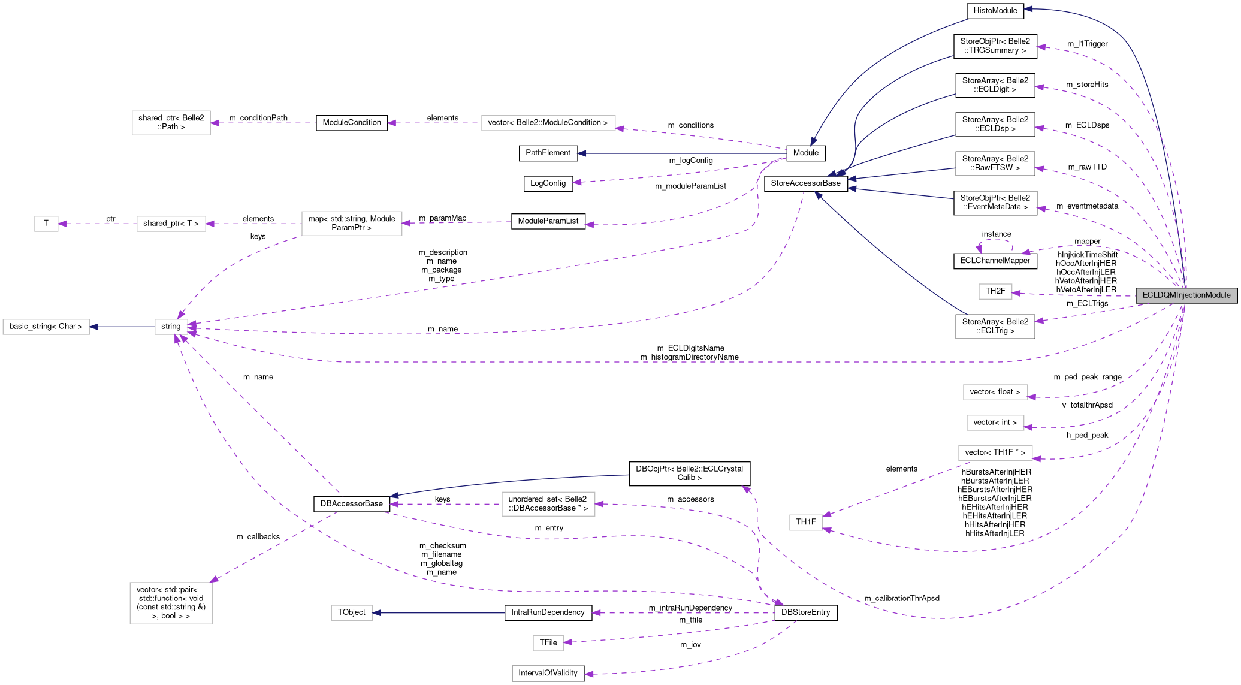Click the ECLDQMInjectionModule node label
1186,295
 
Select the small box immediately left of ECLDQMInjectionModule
995,292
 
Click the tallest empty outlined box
171,603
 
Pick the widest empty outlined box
548,123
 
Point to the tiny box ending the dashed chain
46,224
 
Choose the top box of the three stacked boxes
995,392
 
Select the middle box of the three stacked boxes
995,423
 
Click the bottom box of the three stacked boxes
995,453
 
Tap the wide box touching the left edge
46,327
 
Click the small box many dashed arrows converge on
171,327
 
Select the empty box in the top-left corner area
171,123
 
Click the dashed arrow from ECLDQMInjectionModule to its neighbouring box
1073,295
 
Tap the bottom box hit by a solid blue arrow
352,612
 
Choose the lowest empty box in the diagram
548,643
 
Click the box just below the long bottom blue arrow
548,504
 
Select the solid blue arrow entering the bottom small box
437,612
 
